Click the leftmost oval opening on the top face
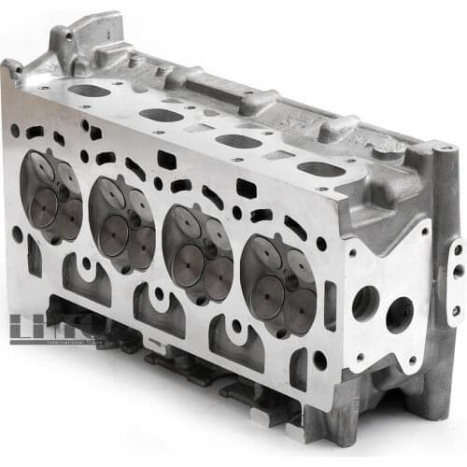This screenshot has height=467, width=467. (89, 91)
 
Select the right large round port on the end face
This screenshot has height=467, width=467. (399, 314)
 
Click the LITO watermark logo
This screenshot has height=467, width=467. (56, 328)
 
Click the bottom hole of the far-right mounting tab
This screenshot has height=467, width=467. (456, 309)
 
